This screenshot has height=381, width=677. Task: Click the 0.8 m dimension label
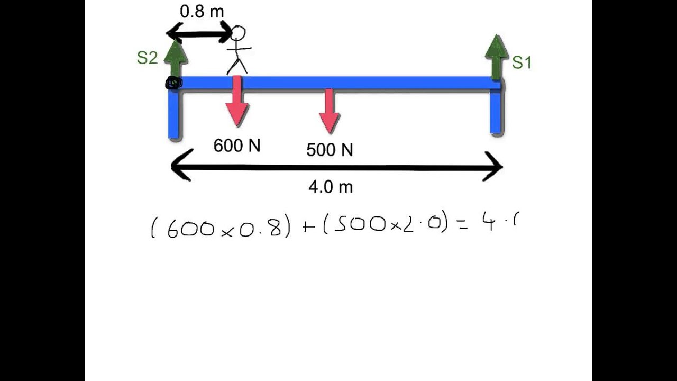point(202,12)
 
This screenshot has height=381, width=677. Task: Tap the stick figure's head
point(239,33)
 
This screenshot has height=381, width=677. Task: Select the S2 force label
point(147,58)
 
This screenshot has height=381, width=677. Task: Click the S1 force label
point(522,62)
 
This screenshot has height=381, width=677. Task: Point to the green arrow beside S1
point(496,56)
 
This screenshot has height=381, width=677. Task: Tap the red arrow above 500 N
point(329,111)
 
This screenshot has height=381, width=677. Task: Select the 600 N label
point(237,146)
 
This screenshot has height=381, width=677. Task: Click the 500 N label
point(330,150)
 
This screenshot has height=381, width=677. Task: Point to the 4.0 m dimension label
point(331,187)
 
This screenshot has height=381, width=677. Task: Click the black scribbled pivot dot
point(173,83)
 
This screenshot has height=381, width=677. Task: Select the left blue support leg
point(175,116)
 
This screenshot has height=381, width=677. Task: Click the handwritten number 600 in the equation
point(190,229)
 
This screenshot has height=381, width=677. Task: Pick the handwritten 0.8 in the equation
point(259,227)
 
